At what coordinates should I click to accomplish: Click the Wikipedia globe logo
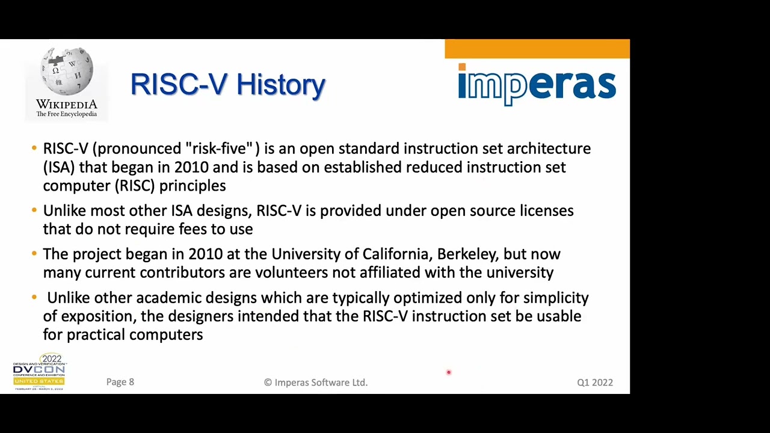click(x=67, y=71)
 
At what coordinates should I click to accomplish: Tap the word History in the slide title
click(x=281, y=85)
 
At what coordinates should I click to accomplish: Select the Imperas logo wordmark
click(x=537, y=85)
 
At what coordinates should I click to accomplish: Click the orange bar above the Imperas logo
click(x=537, y=49)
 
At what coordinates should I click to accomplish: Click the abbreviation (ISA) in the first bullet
click(x=59, y=167)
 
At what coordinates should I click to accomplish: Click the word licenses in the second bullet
click(x=546, y=211)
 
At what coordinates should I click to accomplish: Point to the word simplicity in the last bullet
click(x=556, y=298)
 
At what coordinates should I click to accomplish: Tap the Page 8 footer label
click(x=120, y=382)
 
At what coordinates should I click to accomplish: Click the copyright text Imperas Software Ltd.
click(x=316, y=382)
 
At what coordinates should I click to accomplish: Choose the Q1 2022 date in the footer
click(x=595, y=382)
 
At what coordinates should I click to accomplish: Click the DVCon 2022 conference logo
click(x=39, y=373)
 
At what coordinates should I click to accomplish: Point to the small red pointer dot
click(x=448, y=373)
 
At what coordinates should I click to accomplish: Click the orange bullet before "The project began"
click(x=34, y=254)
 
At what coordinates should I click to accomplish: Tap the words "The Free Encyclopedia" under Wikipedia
click(x=66, y=114)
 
